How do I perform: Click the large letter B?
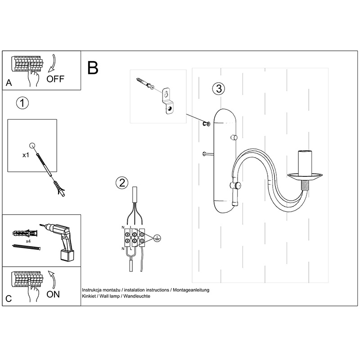tap(93, 68)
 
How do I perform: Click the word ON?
tap(53, 295)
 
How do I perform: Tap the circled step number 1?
tap(22, 103)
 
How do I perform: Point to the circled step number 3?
tap(218, 89)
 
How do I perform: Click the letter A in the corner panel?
tap(9, 83)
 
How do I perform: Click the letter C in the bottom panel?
tap(9, 298)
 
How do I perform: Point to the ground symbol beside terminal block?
tap(156, 238)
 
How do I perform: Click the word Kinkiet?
tap(90, 297)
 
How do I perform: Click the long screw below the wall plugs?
tap(26, 247)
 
